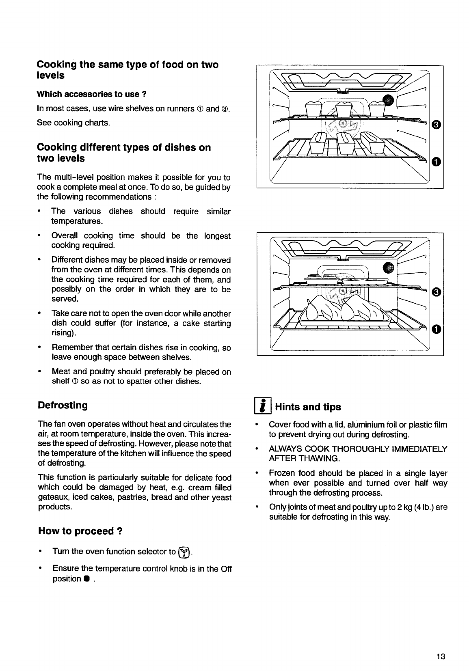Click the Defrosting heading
(x=63, y=405)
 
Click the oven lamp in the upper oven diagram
(x=389, y=100)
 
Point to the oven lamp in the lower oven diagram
(x=389, y=267)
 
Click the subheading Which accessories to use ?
(x=91, y=94)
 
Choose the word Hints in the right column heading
(x=287, y=407)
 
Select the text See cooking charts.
(x=73, y=123)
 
